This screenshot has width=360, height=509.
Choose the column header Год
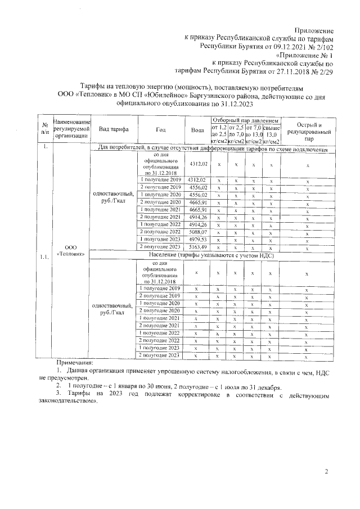point(160,129)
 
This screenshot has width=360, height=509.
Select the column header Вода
point(197,129)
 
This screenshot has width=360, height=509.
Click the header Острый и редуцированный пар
point(308,129)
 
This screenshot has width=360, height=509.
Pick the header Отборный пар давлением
point(245,120)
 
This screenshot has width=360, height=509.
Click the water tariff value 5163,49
point(197,247)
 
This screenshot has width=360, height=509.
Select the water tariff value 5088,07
point(197,232)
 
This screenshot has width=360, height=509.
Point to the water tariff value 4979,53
point(197,240)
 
